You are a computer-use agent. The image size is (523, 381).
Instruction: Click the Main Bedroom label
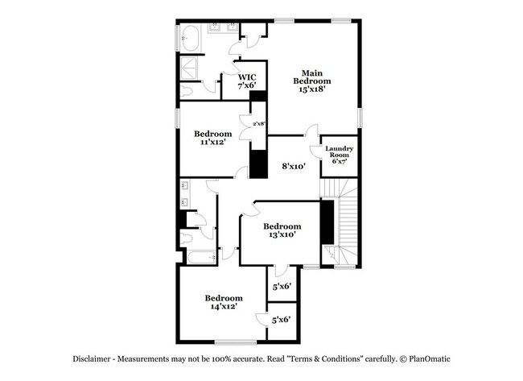311,77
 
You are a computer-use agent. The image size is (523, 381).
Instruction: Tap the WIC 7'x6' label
245,81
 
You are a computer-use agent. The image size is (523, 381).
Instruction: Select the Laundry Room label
339,155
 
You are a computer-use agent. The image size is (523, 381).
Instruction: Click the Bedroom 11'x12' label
212,138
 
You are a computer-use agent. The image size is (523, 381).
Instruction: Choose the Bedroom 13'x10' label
282,230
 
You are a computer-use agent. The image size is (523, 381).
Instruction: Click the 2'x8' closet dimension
258,124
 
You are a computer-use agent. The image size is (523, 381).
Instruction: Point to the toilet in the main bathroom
186,91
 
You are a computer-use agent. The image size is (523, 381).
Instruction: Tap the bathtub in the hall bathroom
198,258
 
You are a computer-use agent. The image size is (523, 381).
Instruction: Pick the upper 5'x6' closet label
281,285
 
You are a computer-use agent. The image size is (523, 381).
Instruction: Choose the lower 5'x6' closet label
281,319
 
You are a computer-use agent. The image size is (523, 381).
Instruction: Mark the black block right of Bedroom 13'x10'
327,222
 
